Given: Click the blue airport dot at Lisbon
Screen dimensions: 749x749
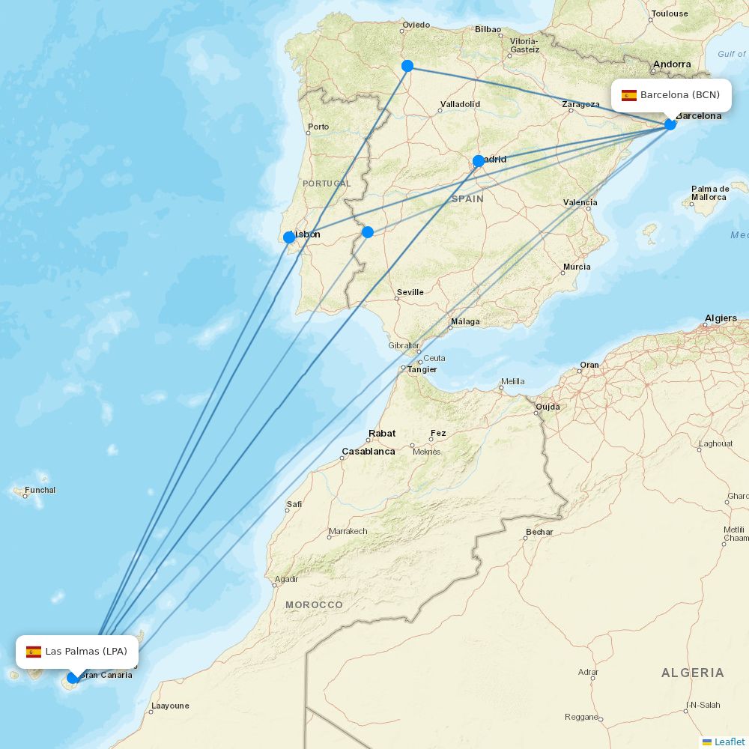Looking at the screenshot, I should coord(289,237).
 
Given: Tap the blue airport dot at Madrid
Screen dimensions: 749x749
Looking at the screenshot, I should coord(479,161).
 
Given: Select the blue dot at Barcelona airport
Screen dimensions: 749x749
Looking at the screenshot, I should coord(670,124).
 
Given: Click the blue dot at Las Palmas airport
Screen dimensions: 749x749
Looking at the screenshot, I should coord(73,678).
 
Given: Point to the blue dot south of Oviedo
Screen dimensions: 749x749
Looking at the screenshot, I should coord(407,66).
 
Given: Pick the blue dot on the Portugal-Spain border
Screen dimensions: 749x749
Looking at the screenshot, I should coord(368,232).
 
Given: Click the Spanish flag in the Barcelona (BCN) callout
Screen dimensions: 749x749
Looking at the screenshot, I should coord(629,95).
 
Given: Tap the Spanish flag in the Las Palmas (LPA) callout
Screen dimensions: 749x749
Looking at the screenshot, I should coord(34,652).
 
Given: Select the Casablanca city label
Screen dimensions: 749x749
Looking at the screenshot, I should coord(369,452).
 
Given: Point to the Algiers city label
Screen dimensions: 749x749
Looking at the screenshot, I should coord(721,318).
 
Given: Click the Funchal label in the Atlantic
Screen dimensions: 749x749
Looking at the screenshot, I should coord(40,491).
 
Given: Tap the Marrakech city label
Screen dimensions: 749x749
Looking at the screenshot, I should coord(348,532).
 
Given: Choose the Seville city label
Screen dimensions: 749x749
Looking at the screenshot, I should coord(410,292).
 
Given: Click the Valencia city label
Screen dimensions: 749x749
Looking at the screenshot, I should coord(580,202).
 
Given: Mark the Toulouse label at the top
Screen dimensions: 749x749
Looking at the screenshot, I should coord(670,13).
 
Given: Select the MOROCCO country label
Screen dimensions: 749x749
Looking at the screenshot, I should coord(314,604).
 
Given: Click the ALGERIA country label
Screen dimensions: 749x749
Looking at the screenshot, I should coord(692,673).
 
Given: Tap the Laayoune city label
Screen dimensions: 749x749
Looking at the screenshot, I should coord(170,706).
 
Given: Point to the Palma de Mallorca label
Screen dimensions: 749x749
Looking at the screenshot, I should coord(709,192).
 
